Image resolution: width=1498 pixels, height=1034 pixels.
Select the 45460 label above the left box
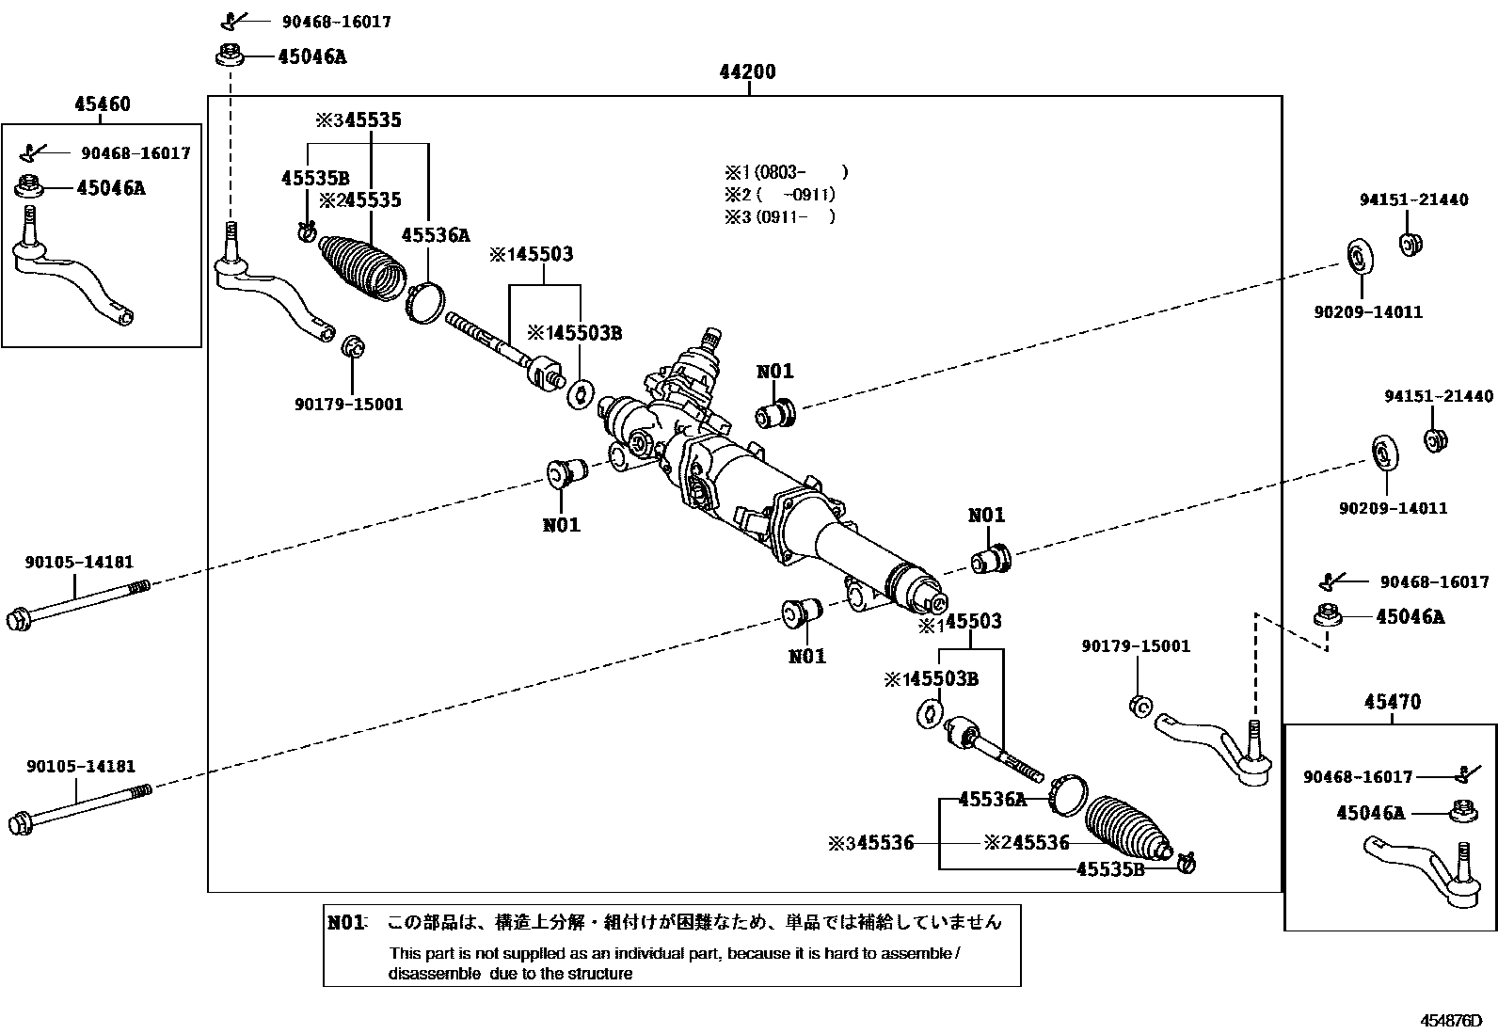point(103,104)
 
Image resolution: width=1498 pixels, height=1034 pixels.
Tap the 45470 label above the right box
point(1392,702)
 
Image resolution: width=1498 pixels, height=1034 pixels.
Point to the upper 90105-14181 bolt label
point(79,562)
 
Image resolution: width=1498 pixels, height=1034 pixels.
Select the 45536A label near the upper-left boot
point(436,235)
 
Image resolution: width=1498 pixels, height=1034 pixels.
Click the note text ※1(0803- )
point(786,172)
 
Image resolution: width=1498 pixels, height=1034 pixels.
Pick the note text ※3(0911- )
point(779,216)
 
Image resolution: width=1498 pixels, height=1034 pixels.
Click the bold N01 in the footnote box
point(346,922)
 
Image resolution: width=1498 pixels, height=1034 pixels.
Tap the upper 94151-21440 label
point(1413,199)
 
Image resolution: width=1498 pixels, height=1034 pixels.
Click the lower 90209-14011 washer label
point(1393,508)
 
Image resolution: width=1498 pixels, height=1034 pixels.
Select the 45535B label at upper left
point(315,178)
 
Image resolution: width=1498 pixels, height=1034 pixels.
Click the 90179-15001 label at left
point(348,405)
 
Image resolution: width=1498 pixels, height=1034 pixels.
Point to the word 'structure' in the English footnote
point(595,974)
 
